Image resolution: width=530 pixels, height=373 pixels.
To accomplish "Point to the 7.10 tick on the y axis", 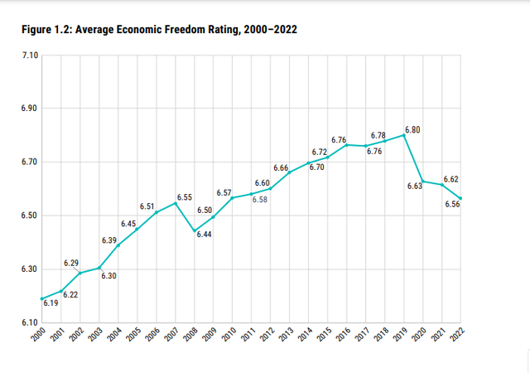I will point(28,56).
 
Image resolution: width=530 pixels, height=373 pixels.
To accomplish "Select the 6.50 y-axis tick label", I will point(28,216).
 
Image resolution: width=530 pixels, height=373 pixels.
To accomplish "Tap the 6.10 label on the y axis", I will point(28,322).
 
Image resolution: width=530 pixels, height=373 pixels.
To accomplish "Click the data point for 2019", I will point(403,134).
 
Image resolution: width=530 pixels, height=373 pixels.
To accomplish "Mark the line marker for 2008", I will point(194,231).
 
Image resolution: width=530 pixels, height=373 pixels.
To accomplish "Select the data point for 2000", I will point(41,298).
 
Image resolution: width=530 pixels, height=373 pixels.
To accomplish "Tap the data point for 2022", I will point(460,198).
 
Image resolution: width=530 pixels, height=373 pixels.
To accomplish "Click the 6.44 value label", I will point(205,235).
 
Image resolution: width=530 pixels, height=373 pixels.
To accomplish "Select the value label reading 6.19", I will point(50,304).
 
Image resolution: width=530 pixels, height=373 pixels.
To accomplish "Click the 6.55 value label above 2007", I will point(184,197).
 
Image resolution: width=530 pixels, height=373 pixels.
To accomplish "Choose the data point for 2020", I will point(422,181).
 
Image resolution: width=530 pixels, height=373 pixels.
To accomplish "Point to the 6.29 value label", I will point(72,263).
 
